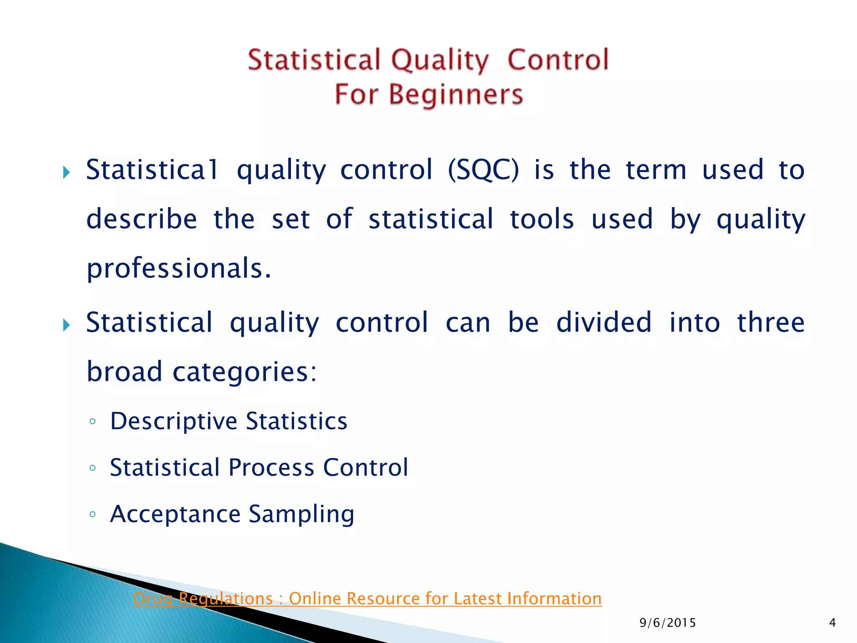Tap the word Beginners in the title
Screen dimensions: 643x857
(456, 95)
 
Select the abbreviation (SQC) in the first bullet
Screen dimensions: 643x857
(483, 170)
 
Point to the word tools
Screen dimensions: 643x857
(542, 219)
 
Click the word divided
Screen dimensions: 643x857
(604, 323)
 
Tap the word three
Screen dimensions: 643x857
(771, 323)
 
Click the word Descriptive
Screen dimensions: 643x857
(174, 421)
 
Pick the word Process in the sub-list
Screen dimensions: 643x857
(271, 468)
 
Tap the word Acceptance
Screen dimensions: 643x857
(175, 514)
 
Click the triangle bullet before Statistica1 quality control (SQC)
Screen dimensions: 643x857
(66, 172)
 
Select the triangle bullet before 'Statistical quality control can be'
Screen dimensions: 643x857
(66, 325)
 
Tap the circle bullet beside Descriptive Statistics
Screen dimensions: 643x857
(93, 422)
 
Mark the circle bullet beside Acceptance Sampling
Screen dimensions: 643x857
(93, 514)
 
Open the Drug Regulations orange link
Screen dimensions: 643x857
(367, 599)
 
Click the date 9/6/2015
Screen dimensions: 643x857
(667, 623)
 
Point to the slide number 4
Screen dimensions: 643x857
(832, 623)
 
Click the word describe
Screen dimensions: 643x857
(141, 219)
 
